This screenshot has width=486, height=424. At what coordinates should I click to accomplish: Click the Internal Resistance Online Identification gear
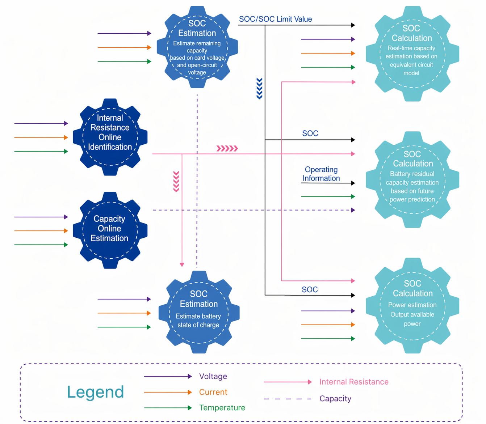point(110,137)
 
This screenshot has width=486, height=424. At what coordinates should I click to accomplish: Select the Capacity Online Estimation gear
point(110,230)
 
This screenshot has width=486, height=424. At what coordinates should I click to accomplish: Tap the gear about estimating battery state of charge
point(199,312)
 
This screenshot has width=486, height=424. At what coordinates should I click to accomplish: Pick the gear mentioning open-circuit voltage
point(197,47)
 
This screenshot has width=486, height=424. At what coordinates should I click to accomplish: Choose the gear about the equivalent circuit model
point(412,54)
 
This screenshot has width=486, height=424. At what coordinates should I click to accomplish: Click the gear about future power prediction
point(412,179)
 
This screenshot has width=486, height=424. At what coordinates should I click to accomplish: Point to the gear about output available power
point(412,305)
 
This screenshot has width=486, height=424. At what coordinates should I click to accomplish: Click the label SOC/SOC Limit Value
point(275,19)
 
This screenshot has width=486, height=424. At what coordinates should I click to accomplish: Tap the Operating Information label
point(321,174)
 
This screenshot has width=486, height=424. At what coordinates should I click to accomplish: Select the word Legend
point(96,392)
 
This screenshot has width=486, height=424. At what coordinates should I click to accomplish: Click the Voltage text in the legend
point(213,376)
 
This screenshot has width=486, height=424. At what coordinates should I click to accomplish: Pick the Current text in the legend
point(213,392)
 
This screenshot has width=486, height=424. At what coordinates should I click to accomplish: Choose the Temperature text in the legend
point(222,408)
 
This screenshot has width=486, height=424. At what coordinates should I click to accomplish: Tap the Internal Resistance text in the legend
point(354,382)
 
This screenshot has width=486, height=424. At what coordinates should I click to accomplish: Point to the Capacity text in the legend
point(335,399)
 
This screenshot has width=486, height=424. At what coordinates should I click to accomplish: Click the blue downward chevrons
point(259,88)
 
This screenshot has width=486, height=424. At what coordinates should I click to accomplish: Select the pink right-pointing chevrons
point(227,148)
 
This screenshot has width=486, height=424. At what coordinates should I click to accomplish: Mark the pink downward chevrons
point(176,181)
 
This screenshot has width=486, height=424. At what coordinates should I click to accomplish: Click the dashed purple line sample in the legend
point(288,399)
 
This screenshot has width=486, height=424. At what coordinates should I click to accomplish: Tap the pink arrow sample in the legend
point(288,382)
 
